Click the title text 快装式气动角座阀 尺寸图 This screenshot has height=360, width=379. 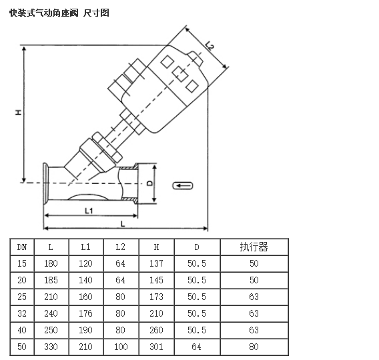pyautogui.click(x=59, y=13)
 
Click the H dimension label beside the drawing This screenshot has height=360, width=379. pyautogui.click(x=19, y=112)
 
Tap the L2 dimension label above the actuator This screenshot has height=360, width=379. pyautogui.click(x=210, y=45)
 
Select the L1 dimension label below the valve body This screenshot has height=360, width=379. pyautogui.click(x=89, y=211)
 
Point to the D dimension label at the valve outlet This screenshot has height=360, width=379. pyautogui.click(x=150, y=183)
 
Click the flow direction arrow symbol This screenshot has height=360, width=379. pyautogui.click(x=183, y=186)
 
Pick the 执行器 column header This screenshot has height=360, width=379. pyautogui.click(x=254, y=247)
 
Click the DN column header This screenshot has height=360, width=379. pyautogui.click(x=22, y=247)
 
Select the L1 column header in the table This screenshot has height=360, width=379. pyautogui.click(x=86, y=247)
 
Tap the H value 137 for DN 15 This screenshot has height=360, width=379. pyautogui.click(x=156, y=263)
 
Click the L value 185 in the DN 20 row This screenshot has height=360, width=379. pyautogui.click(x=51, y=280)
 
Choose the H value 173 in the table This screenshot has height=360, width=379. pyautogui.click(x=156, y=297)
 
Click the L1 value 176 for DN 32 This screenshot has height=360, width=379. pyautogui.click(x=86, y=313)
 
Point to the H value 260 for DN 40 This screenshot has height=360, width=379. pyautogui.click(x=156, y=330)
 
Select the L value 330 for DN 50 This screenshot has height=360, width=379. pyautogui.click(x=51, y=347)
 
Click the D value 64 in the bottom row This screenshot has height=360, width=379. pyautogui.click(x=197, y=347)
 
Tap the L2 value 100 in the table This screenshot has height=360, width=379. pyautogui.click(x=121, y=347)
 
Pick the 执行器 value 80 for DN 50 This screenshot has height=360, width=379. pyautogui.click(x=254, y=347)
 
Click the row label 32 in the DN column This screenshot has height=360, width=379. pyautogui.click(x=22, y=313)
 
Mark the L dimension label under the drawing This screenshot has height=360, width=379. pyautogui.click(x=123, y=224)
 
